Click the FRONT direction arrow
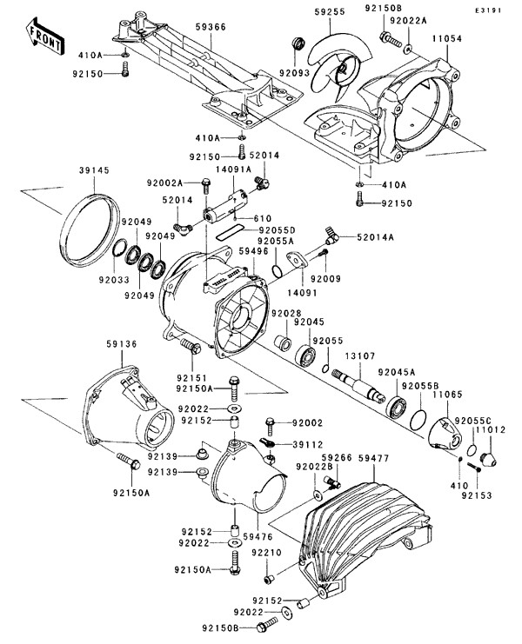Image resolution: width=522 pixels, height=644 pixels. coord(43,37)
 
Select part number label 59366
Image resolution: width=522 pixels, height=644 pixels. coord(211,27)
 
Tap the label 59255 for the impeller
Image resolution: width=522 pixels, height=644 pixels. coord(330,12)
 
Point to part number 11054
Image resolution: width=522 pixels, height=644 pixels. coord(447,38)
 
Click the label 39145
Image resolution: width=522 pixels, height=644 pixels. coord(95,170)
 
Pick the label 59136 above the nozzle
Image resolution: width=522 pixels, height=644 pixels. coord(122,344)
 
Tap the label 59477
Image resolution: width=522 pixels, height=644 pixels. coord(373,458)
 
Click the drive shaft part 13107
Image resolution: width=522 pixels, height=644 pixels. coord(358,384)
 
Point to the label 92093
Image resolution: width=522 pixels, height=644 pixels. coord(295,73)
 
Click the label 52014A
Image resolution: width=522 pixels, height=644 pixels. coord(375,237)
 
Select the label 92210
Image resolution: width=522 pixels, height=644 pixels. coord(267,553)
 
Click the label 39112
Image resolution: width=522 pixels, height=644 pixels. coord(308,445)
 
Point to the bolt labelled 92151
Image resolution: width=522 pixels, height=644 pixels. coord(190,346)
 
